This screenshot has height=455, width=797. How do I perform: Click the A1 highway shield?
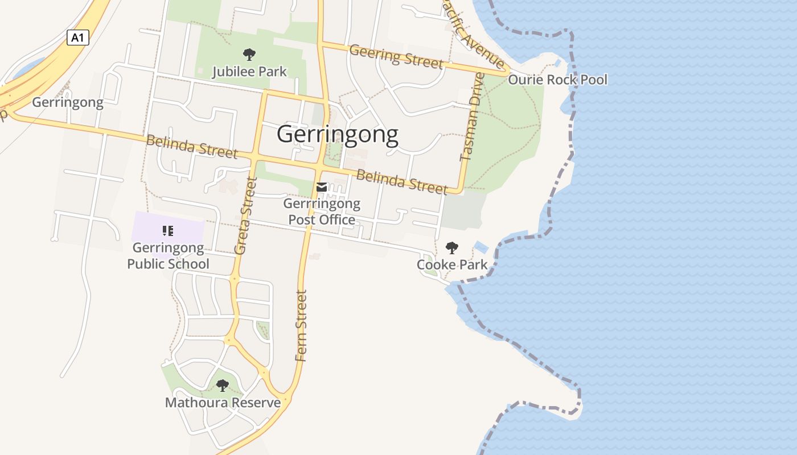78,38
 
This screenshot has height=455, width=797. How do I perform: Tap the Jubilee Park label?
249,72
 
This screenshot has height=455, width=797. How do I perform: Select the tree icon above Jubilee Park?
249,55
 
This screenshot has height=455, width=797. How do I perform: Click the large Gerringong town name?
337,135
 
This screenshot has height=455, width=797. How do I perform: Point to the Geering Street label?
396,56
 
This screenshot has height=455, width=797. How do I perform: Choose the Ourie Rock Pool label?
557,80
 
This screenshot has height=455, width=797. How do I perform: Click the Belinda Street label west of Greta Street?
191,147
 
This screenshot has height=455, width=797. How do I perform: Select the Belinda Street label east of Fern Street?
402,181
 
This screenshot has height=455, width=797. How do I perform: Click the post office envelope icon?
322,187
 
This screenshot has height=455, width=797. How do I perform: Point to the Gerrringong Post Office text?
322,212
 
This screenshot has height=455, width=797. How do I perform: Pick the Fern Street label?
301,325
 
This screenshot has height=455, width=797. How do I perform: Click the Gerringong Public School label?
168,256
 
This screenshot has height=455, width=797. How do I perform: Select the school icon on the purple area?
167,230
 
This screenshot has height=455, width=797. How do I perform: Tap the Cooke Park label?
452,264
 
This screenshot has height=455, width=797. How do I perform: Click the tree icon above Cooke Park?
451,247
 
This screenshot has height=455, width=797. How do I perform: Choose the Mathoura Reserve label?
223,403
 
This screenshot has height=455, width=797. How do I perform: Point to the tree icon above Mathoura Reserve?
222,386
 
